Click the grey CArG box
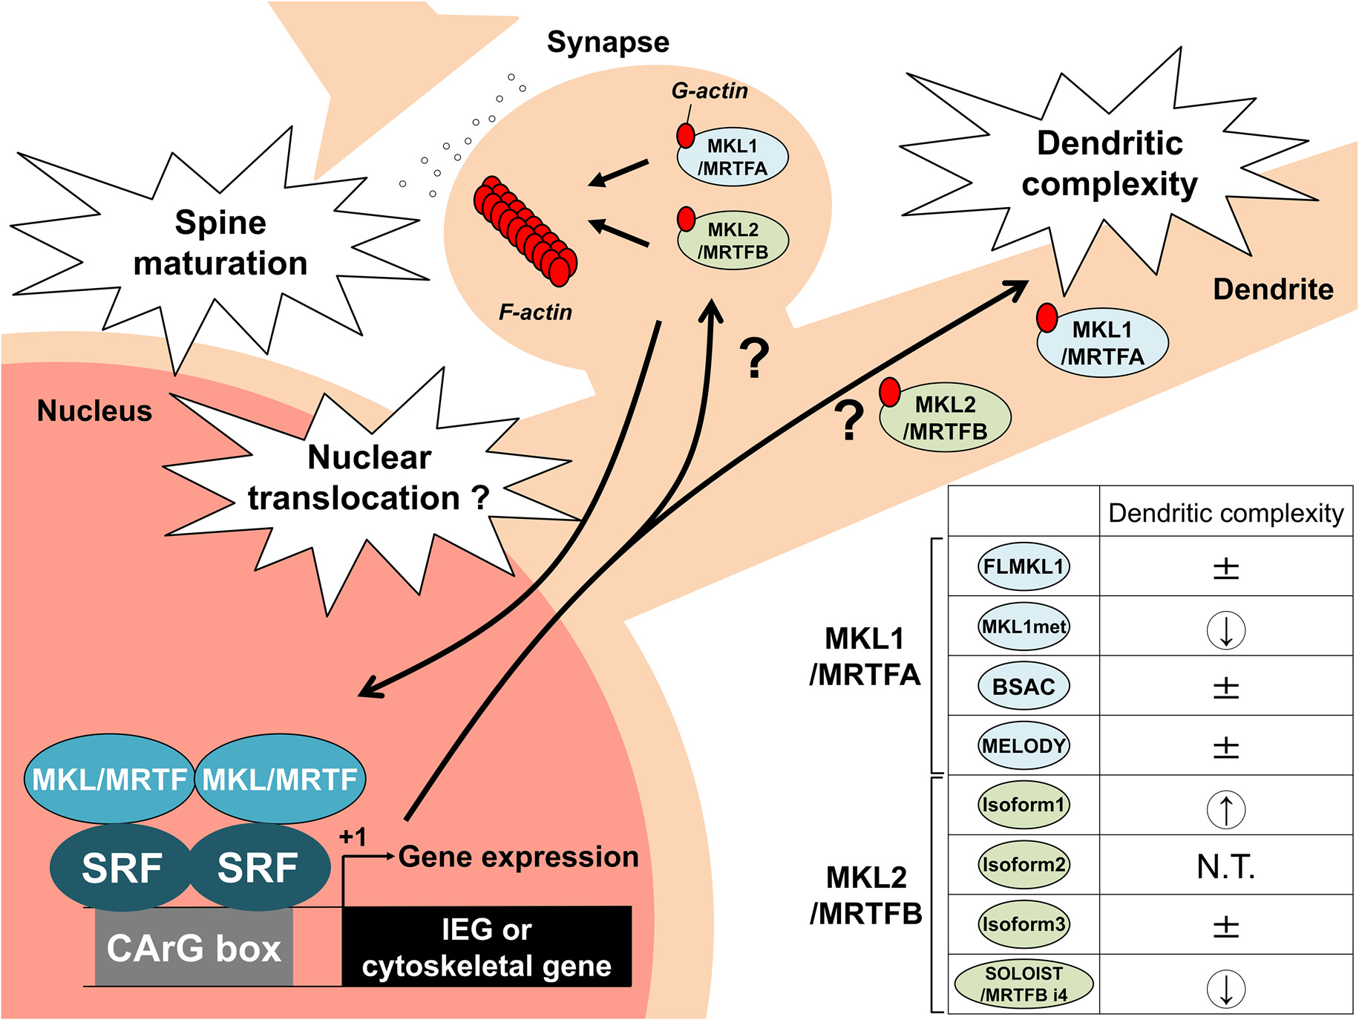click(194, 948)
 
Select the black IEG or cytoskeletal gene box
click(486, 947)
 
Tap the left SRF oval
click(121, 868)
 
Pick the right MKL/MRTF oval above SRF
click(280, 779)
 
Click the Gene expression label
click(518, 857)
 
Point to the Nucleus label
click(94, 411)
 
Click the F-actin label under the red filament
click(535, 312)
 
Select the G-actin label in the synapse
click(710, 91)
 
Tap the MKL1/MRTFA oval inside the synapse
click(733, 157)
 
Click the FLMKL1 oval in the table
click(1024, 566)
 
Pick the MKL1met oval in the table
click(1024, 627)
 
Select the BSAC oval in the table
click(1024, 687)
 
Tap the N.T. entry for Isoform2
click(1225, 866)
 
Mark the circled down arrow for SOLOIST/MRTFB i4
click(1226, 988)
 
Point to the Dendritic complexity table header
click(1225, 513)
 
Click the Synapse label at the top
click(608, 42)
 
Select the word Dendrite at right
click(1273, 289)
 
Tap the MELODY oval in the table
click(1024, 745)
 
